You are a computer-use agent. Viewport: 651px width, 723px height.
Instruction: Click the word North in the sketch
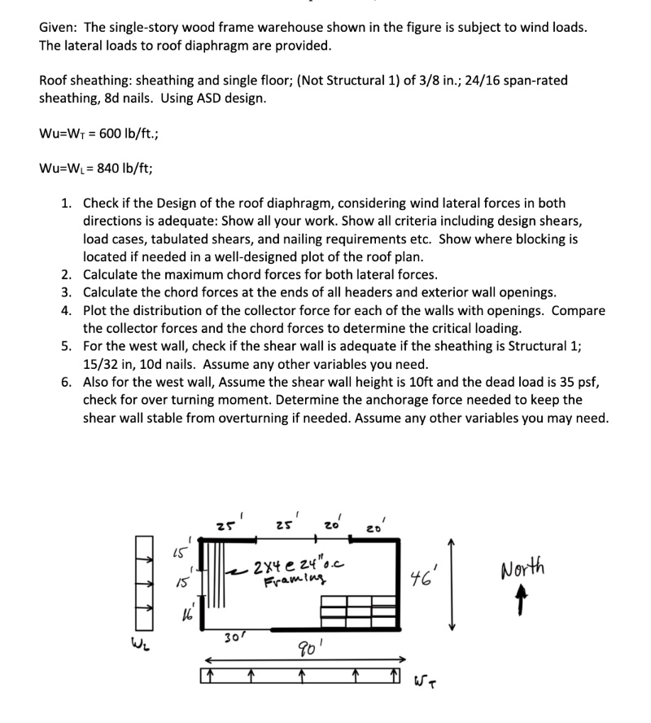pos(523,567)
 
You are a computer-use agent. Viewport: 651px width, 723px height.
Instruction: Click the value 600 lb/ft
pos(129,134)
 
